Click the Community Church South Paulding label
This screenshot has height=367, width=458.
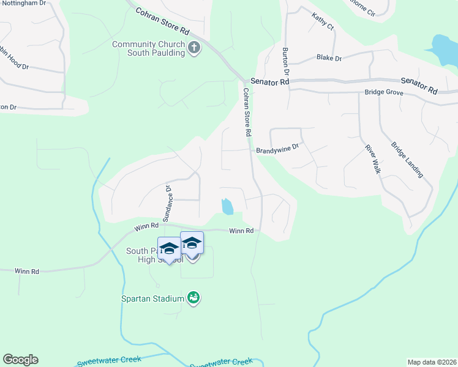pyautogui.click(x=148, y=48)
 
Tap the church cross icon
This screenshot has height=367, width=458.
pyautogui.click(x=193, y=48)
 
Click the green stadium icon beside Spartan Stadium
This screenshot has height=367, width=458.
pyautogui.click(x=193, y=298)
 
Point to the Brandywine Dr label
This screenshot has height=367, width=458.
pyautogui.click(x=277, y=147)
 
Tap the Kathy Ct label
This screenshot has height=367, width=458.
pyautogui.click(x=323, y=22)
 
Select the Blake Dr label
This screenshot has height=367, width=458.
pyautogui.click(x=329, y=57)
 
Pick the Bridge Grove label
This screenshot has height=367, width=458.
pyautogui.click(x=383, y=92)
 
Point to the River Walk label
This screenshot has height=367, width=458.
pyautogui.click(x=372, y=159)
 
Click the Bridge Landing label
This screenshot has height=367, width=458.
pyautogui.click(x=407, y=160)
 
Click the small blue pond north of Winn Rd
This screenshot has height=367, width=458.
pyautogui.click(x=227, y=206)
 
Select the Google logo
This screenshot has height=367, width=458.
pyautogui.click(x=20, y=360)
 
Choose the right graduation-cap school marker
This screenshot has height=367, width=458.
pyautogui.click(x=192, y=243)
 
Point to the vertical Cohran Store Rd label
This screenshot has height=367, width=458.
pyautogui.click(x=247, y=112)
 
